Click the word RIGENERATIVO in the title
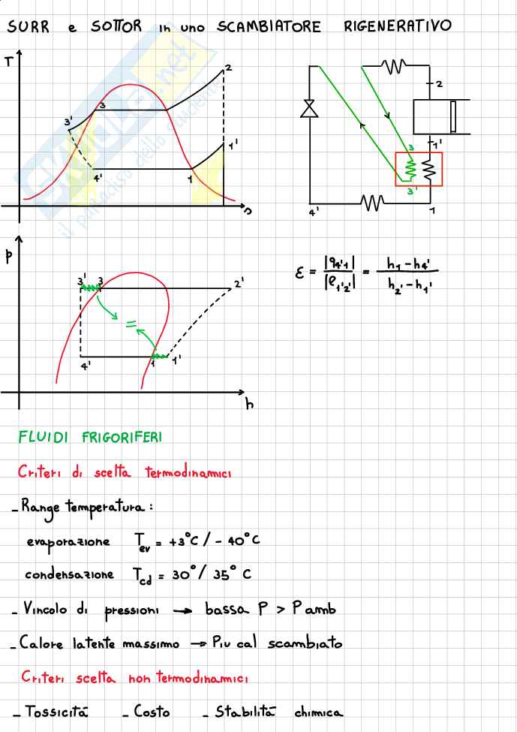pyautogui.click(x=398, y=27)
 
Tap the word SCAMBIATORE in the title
pyautogui.click(x=269, y=27)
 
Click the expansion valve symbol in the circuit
pyautogui.click(x=308, y=108)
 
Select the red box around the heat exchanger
pyautogui.click(x=419, y=169)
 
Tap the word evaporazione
pyautogui.click(x=68, y=542)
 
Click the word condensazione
pyautogui.click(x=69, y=574)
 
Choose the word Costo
pyautogui.click(x=151, y=711)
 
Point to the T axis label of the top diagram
pyautogui.click(x=8, y=62)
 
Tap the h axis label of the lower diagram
pyautogui.click(x=250, y=404)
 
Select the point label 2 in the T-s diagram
pyautogui.click(x=228, y=68)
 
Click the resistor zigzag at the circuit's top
pyautogui.click(x=393, y=66)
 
